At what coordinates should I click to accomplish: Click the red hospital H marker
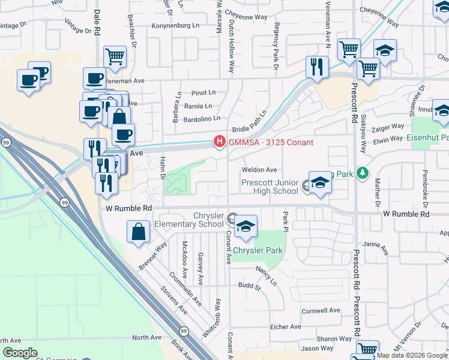tap(220, 142)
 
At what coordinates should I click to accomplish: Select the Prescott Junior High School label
tap(270, 187)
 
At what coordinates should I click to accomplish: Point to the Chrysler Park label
tap(257, 250)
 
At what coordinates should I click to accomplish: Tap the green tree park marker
tap(362, 173)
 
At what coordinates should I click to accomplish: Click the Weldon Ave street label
tap(259, 170)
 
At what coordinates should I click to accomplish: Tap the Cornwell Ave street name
tap(321, 311)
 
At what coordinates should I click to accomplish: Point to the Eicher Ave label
tap(286, 326)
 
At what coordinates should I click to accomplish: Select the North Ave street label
tap(147, 338)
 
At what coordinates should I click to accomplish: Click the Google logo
tap(20, 352)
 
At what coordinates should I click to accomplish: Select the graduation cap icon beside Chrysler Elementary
tap(246, 226)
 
